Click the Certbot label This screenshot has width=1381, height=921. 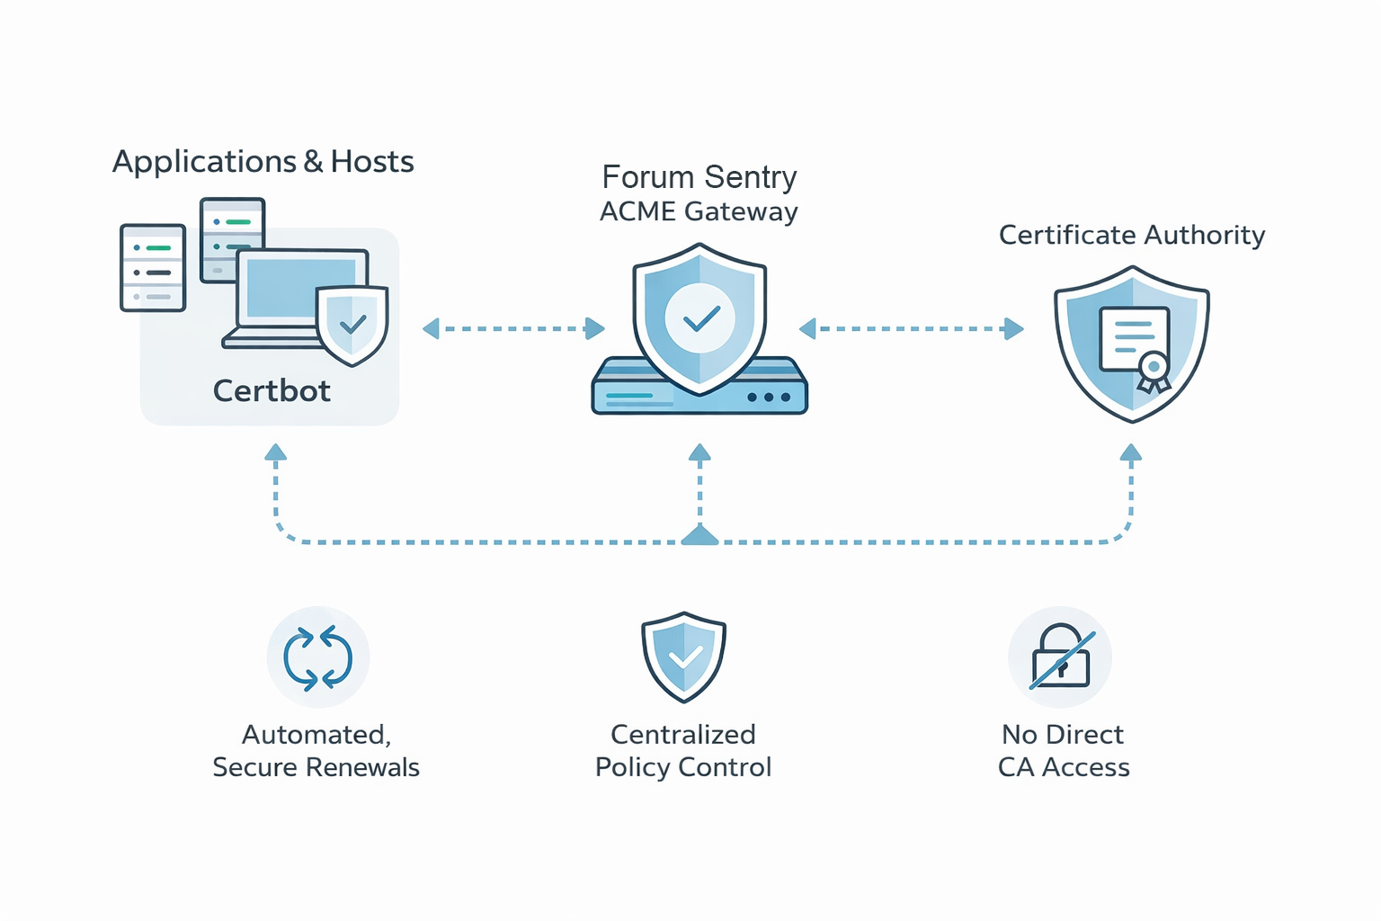tap(272, 391)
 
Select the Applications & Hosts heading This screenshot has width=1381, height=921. tap(263, 162)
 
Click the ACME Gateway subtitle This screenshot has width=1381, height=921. tap(699, 212)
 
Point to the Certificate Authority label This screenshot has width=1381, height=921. tap(1131, 236)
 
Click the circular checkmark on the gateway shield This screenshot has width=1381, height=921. tap(699, 318)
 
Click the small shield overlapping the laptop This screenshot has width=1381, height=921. tap(352, 325)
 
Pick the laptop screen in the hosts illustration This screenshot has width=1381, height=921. tap(301, 288)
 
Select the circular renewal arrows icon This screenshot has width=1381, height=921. tap(318, 657)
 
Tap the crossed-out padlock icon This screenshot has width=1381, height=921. tap(1061, 657)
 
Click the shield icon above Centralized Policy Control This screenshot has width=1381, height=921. tap(683, 657)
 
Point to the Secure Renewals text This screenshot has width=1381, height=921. tap(316, 767)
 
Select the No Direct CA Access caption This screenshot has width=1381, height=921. tap(1063, 751)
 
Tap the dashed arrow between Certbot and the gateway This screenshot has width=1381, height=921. tap(513, 329)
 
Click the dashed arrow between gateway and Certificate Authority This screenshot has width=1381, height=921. tap(911, 329)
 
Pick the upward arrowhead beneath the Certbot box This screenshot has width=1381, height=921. tap(276, 452)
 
